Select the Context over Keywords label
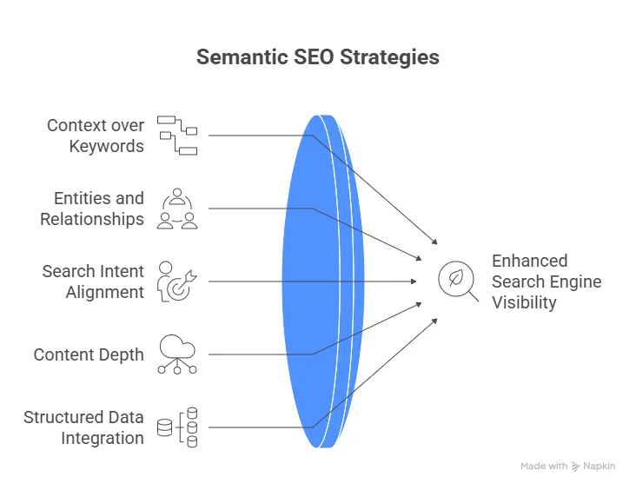point(96,136)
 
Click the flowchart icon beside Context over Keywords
point(177,135)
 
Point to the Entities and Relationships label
point(92,209)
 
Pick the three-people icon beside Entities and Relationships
point(177,209)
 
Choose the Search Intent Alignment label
point(93,281)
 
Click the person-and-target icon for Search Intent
point(177,281)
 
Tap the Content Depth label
point(89,354)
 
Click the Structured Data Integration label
point(84,427)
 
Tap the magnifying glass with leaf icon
point(457,281)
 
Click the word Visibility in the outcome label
point(524,302)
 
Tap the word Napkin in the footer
point(600,467)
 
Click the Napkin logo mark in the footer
point(576,467)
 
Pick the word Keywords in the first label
point(107,146)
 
